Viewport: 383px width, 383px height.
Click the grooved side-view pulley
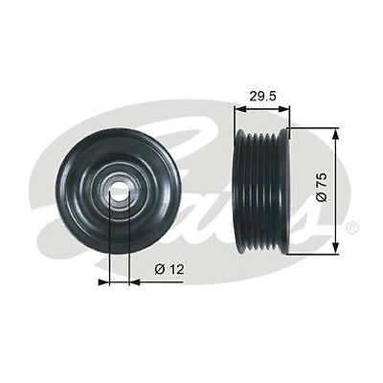coord(260,191)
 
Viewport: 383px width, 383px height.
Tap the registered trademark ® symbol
coord(352,228)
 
